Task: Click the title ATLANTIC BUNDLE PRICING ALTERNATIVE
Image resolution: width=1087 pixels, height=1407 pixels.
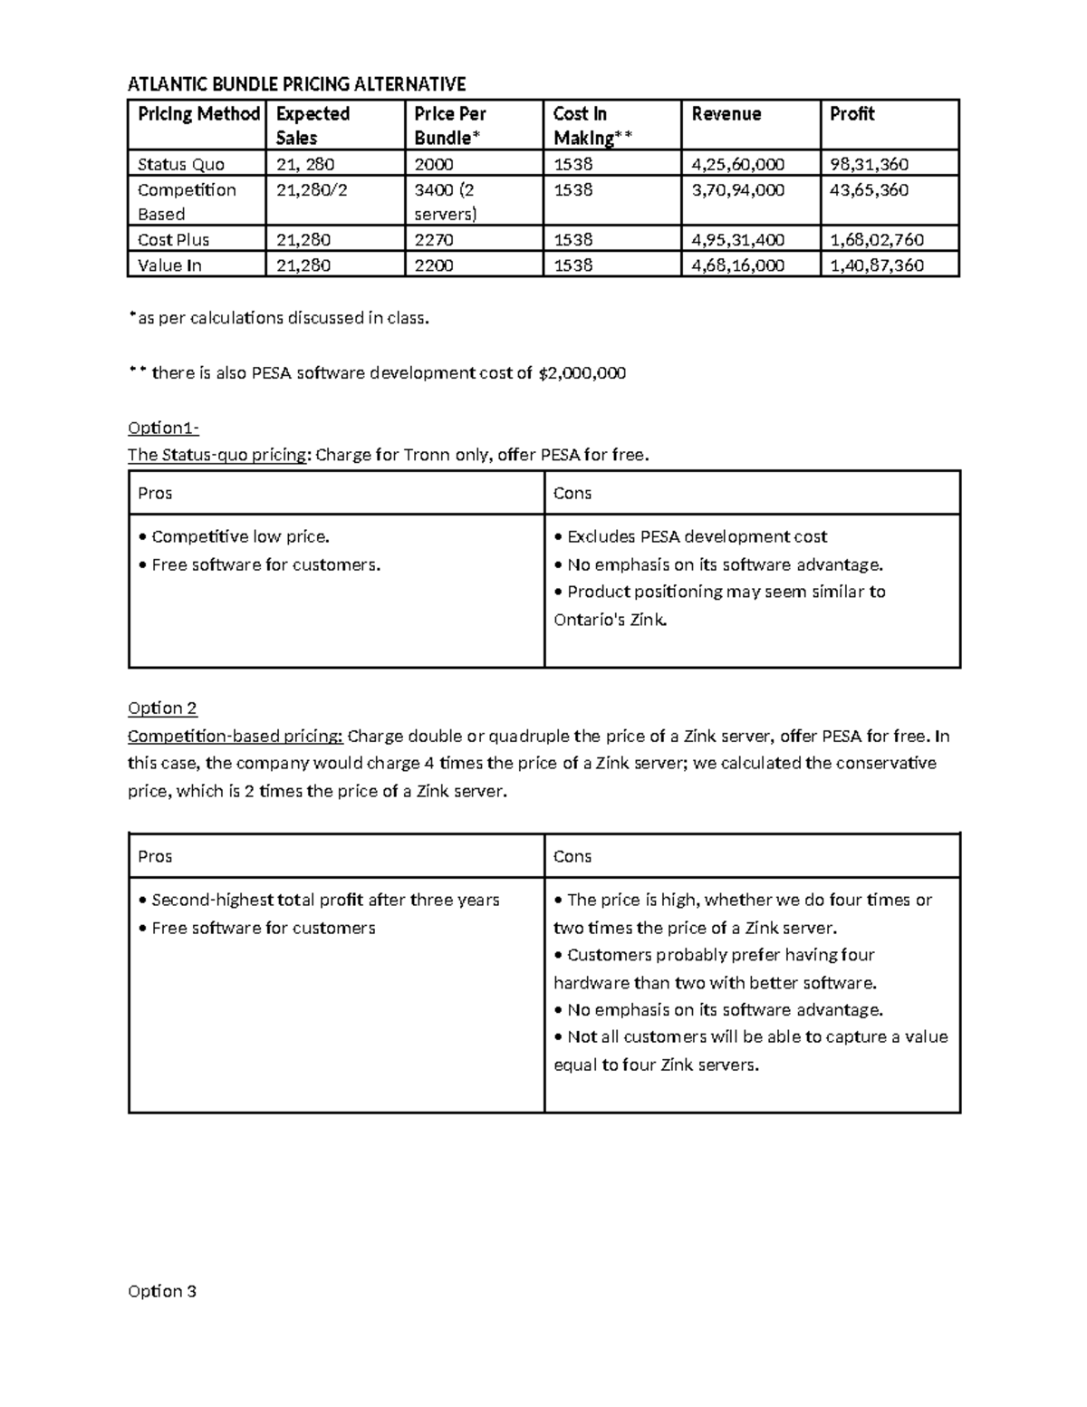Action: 296,84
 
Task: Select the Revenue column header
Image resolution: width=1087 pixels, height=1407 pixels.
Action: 726,114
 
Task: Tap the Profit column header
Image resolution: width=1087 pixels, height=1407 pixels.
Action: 851,114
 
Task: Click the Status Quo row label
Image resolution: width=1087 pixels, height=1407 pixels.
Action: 181,164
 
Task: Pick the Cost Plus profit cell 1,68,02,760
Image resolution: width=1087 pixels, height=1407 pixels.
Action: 877,240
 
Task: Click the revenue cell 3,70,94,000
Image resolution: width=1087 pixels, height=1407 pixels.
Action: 737,190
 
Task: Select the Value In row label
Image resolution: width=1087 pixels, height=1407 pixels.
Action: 169,265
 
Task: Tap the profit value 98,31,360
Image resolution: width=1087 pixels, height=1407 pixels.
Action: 869,164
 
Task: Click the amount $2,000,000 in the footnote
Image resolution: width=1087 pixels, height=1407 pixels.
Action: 581,373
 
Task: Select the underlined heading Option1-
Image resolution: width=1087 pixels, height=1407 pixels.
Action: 163,428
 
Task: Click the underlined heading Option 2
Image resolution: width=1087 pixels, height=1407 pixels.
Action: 162,708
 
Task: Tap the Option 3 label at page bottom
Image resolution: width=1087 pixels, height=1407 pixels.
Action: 162,1291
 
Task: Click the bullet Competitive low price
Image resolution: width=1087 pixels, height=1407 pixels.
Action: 234,537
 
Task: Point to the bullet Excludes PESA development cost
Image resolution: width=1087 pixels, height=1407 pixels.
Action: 690,537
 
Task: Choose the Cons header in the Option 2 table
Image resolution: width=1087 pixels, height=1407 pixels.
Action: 572,856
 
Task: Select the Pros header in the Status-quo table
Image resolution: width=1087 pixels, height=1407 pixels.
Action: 155,493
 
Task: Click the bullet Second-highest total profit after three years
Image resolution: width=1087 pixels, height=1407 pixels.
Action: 319,901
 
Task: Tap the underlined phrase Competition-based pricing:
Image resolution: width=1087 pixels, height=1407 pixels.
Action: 235,736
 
